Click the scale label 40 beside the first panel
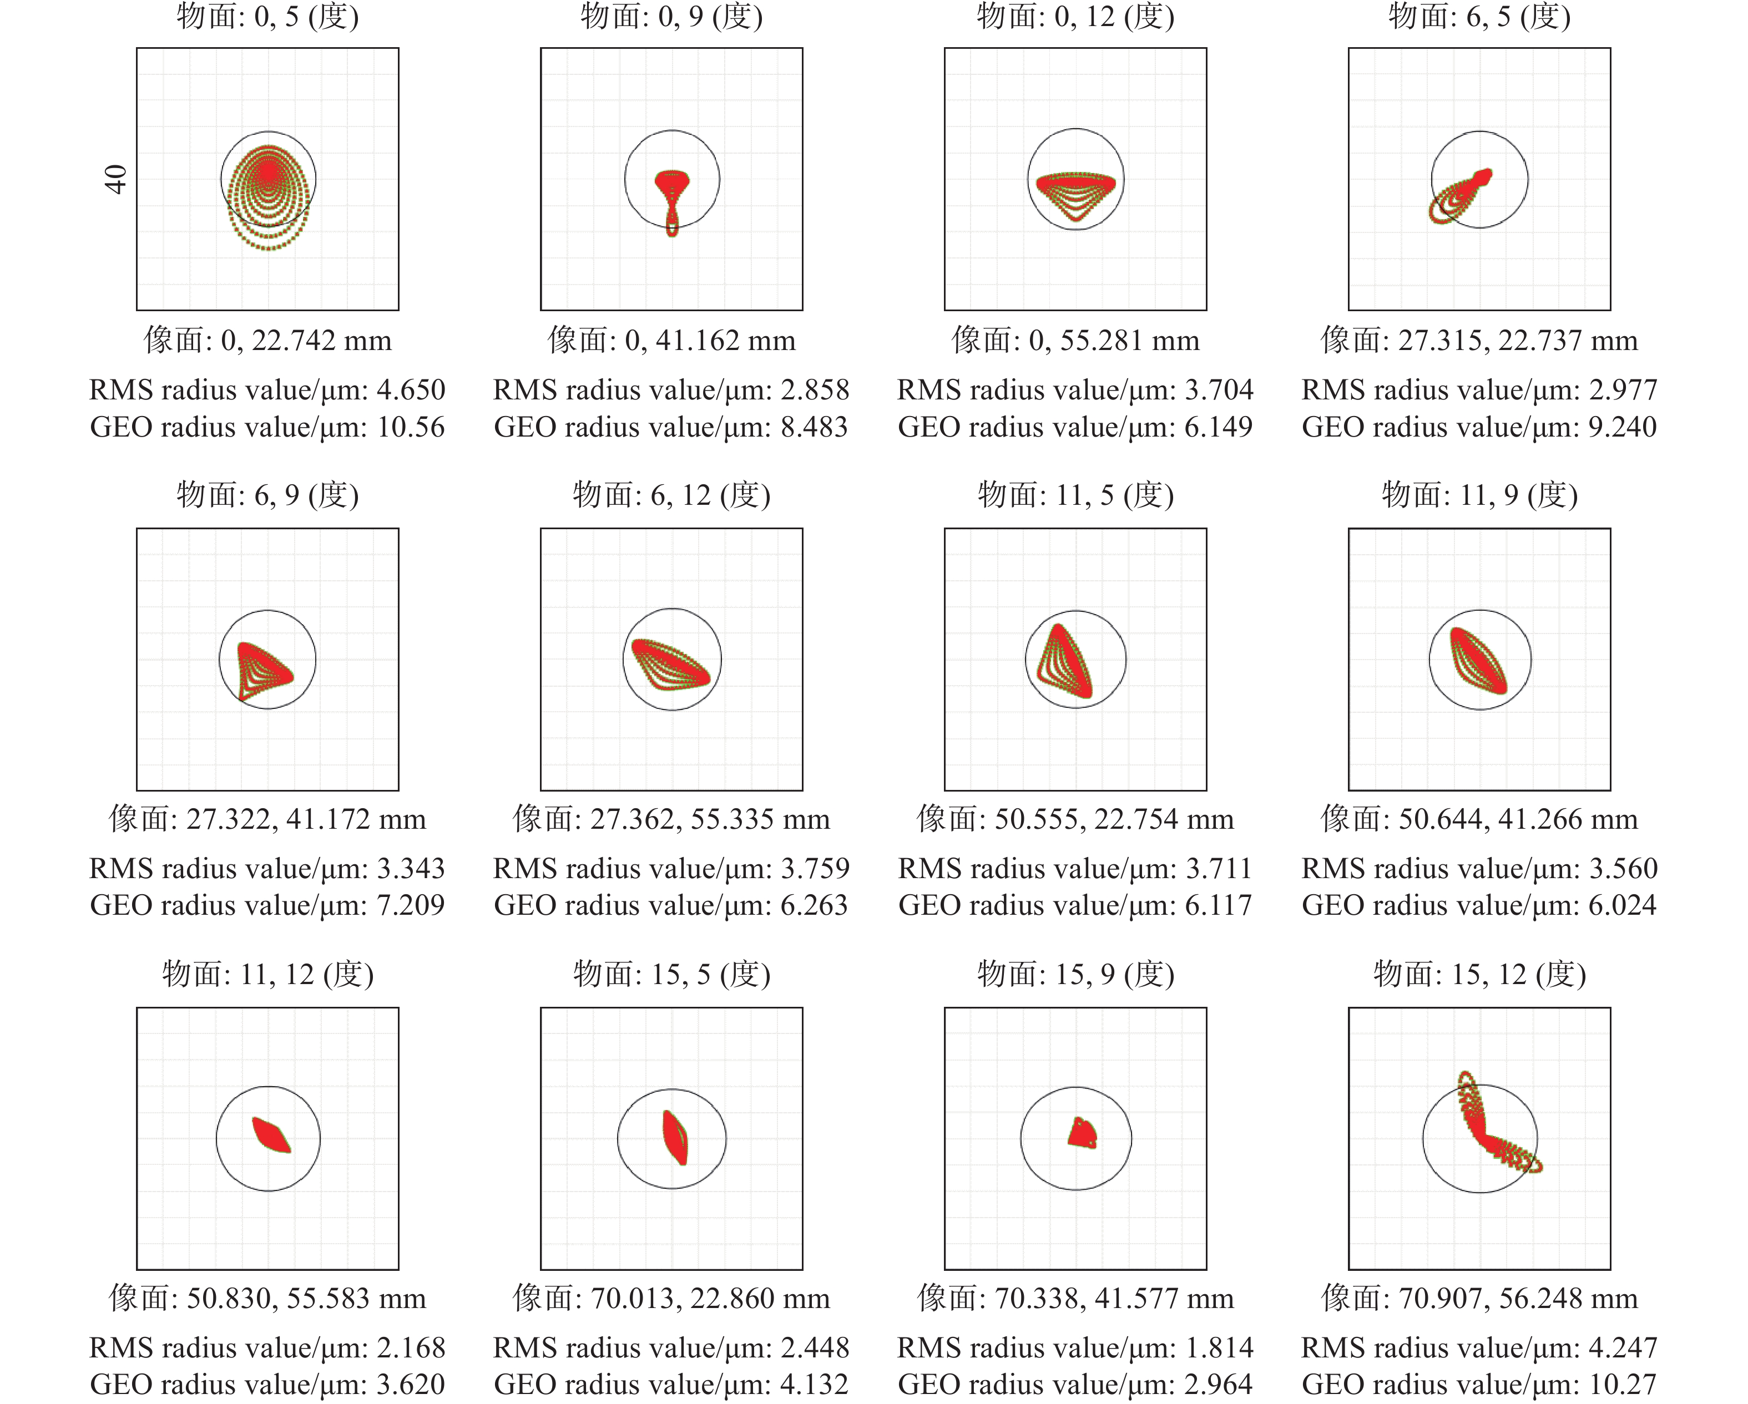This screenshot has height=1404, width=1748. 117,179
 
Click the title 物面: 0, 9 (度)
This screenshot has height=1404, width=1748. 671,16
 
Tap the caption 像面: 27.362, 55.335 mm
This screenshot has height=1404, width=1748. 671,819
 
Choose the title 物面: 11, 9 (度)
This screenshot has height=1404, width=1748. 1479,494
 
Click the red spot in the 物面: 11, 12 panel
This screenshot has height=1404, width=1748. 271,1134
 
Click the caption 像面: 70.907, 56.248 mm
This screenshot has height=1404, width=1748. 1479,1299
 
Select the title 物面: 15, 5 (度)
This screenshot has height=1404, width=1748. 671,974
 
